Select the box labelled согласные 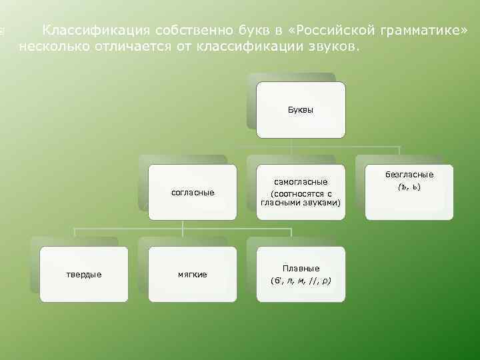tap(193, 193)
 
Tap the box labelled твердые tap(83, 274)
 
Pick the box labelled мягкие tap(193, 274)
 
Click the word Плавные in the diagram tap(301, 268)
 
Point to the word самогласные tap(301, 181)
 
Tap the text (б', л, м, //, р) tap(301, 280)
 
